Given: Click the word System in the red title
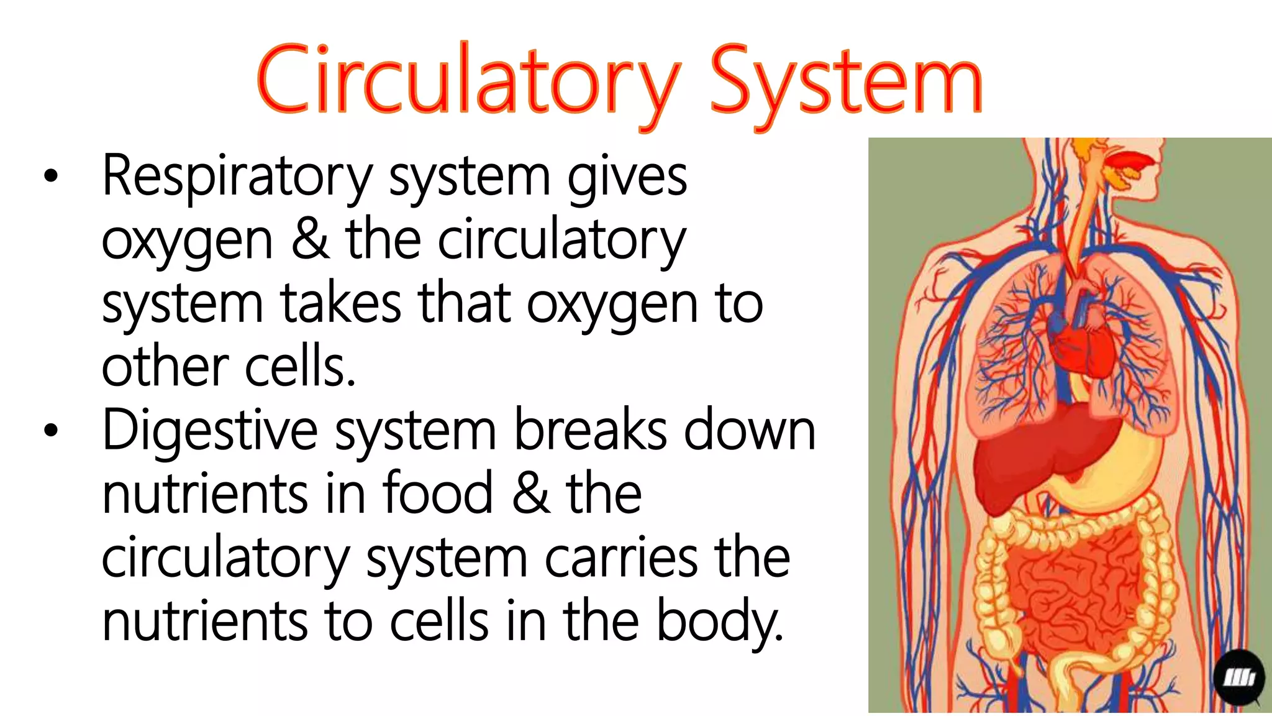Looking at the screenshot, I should [846, 81].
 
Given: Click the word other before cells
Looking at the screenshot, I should [165, 367].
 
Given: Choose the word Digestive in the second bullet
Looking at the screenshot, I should [210, 431].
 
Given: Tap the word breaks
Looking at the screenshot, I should [590, 431].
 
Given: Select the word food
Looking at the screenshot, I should [438, 494].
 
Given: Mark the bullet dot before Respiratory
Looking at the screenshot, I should [51, 177].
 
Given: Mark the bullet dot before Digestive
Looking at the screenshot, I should [51, 430].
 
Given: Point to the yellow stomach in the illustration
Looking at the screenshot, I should [1118, 472].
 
